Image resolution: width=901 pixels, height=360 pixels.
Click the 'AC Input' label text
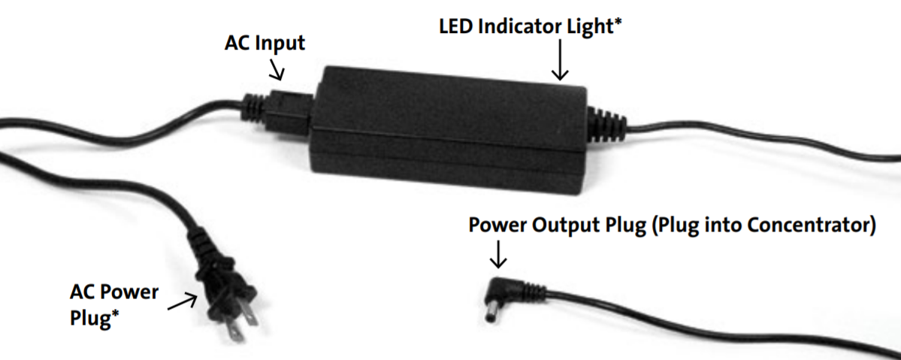[x=265, y=43]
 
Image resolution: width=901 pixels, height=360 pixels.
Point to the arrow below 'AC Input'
[x=277, y=71]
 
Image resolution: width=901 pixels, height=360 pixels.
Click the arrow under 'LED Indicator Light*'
[x=559, y=60]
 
